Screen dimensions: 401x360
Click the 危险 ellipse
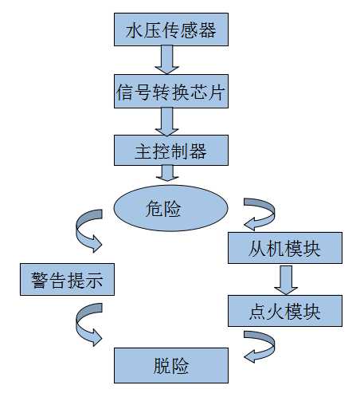point(170,210)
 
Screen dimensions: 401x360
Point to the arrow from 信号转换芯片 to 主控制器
point(169,120)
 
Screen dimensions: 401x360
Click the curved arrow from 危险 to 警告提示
point(87,229)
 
